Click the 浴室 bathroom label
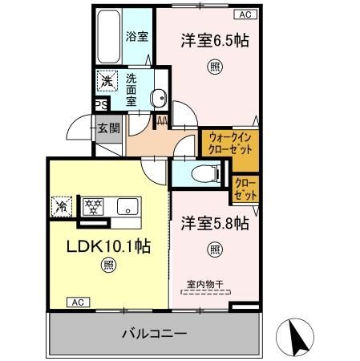pos(136,35)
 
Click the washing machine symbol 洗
pos(106,80)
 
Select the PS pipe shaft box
pos(100,104)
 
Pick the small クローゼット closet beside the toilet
pos(246,189)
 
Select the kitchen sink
pos(127,206)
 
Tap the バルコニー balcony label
pos(155,333)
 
